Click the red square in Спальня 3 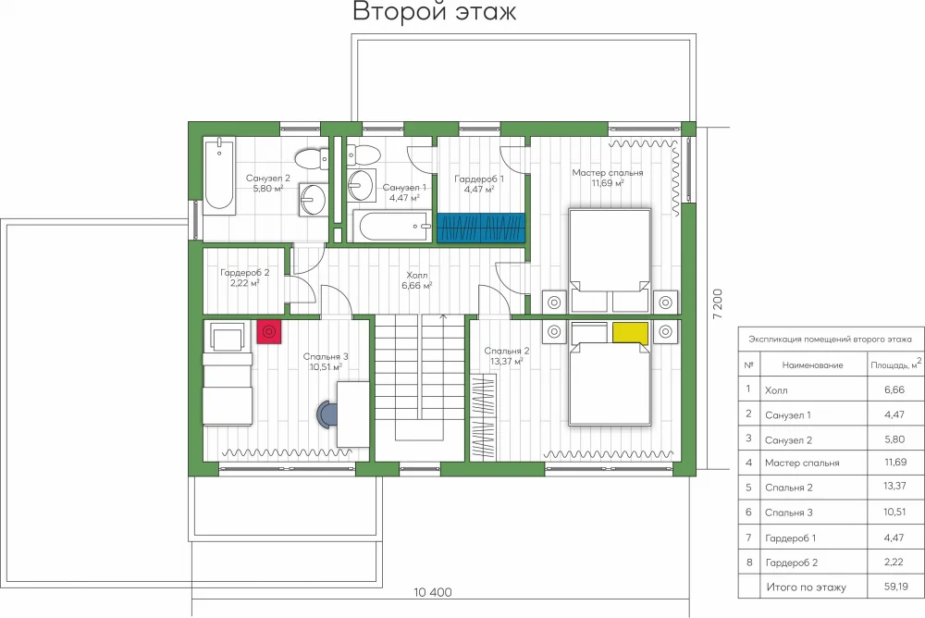[269, 332]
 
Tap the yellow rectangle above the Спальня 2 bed [630, 333]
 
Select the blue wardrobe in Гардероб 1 [481, 228]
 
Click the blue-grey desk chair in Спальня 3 [327, 414]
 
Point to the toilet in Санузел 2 [312, 159]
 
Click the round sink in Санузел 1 [361, 185]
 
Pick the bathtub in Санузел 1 [393, 227]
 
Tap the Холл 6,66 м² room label [417, 280]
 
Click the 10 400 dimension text [433, 593]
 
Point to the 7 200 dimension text [718, 304]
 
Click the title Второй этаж [435, 11]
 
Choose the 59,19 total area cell [896, 587]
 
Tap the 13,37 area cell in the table [894, 487]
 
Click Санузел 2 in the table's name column [788, 440]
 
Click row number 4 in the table [748, 463]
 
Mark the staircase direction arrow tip [444, 315]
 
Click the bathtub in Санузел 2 [219, 173]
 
